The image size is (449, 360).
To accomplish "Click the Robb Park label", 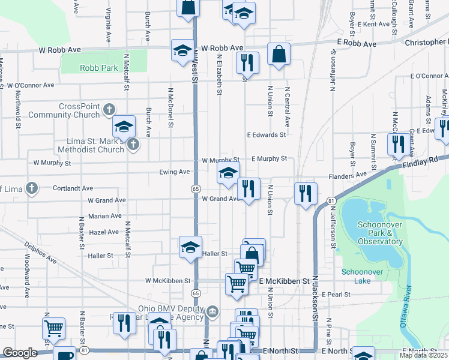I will coord(98,68).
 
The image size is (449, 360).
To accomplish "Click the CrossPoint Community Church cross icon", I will coord(109,110).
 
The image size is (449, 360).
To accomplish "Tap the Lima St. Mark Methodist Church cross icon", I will coord(133,145).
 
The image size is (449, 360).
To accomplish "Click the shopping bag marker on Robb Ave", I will coord(279,55).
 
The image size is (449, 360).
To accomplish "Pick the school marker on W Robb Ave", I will coord(182,51).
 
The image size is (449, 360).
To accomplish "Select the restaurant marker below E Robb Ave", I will coord(247,63).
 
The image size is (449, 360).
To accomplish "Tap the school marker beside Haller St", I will coord(190,247).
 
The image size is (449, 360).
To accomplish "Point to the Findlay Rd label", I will coord(427,161).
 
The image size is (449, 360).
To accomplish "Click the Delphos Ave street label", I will coord(41,253).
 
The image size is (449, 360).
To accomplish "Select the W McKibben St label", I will coord(167,280).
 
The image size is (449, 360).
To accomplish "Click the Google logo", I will coord(20,353).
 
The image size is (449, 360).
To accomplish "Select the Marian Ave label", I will coord(104,215).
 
